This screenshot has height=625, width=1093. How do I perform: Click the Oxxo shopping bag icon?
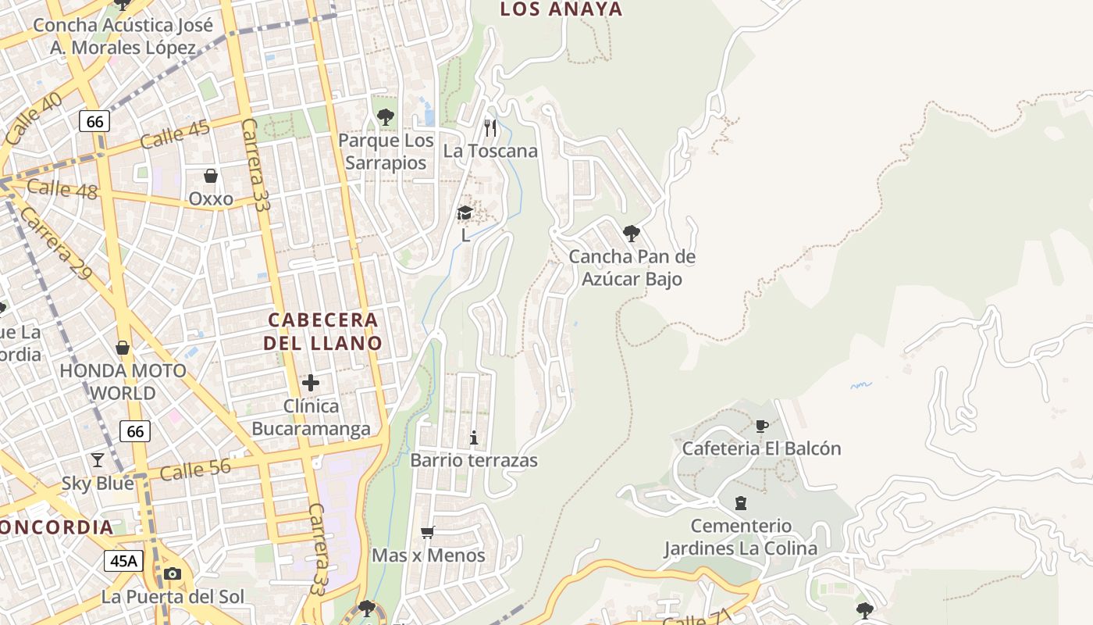[210, 175]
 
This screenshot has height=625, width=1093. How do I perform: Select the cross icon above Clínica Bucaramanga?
[311, 383]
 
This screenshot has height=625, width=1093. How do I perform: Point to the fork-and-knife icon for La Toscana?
[490, 127]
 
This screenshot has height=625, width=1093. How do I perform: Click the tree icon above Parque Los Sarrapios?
[385, 117]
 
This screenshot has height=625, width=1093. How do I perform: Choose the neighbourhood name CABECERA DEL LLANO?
[322, 331]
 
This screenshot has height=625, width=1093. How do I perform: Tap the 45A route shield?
[123, 560]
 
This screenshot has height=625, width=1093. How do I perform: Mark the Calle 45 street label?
[175, 134]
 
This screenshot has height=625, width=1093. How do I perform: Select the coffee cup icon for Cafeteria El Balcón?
[762, 426]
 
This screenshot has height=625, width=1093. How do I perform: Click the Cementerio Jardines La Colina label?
[740, 537]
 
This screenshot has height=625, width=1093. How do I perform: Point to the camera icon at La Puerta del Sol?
[173, 574]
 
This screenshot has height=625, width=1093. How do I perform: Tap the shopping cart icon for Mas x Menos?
[427, 533]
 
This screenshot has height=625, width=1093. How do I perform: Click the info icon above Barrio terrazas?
[474, 437]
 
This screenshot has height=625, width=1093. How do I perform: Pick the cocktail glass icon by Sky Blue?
[98, 459]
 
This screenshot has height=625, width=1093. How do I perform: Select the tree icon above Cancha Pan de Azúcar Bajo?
[632, 233]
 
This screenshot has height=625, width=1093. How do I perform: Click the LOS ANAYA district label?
[561, 9]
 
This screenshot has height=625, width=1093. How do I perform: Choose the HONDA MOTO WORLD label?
[123, 381]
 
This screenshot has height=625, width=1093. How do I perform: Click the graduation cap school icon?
[465, 212]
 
